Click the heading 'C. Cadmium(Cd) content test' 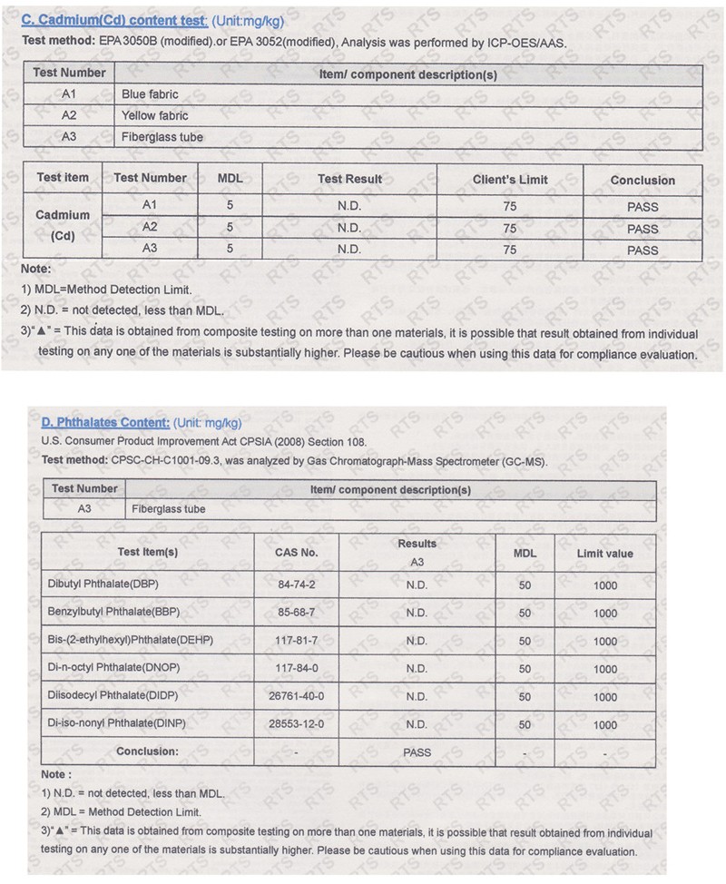pos(114,20)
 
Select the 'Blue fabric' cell pos(150,93)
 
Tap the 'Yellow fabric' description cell pos(155,115)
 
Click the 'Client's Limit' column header pos(510,180)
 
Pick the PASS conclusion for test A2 pos(643,228)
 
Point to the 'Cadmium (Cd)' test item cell pos(63,226)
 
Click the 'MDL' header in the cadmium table pos(231,178)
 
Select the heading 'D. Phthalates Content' pos(105,422)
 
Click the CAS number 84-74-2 pos(296,585)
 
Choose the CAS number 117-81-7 pos(296,641)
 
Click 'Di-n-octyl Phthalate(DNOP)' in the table pos(113,668)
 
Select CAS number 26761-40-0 pos(296,696)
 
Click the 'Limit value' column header pos(604,553)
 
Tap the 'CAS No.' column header pos(296,552)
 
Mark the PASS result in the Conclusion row pos(417,752)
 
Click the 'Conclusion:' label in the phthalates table pos(147,751)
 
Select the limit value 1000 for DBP pos(604,585)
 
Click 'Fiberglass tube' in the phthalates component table pos(168,509)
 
